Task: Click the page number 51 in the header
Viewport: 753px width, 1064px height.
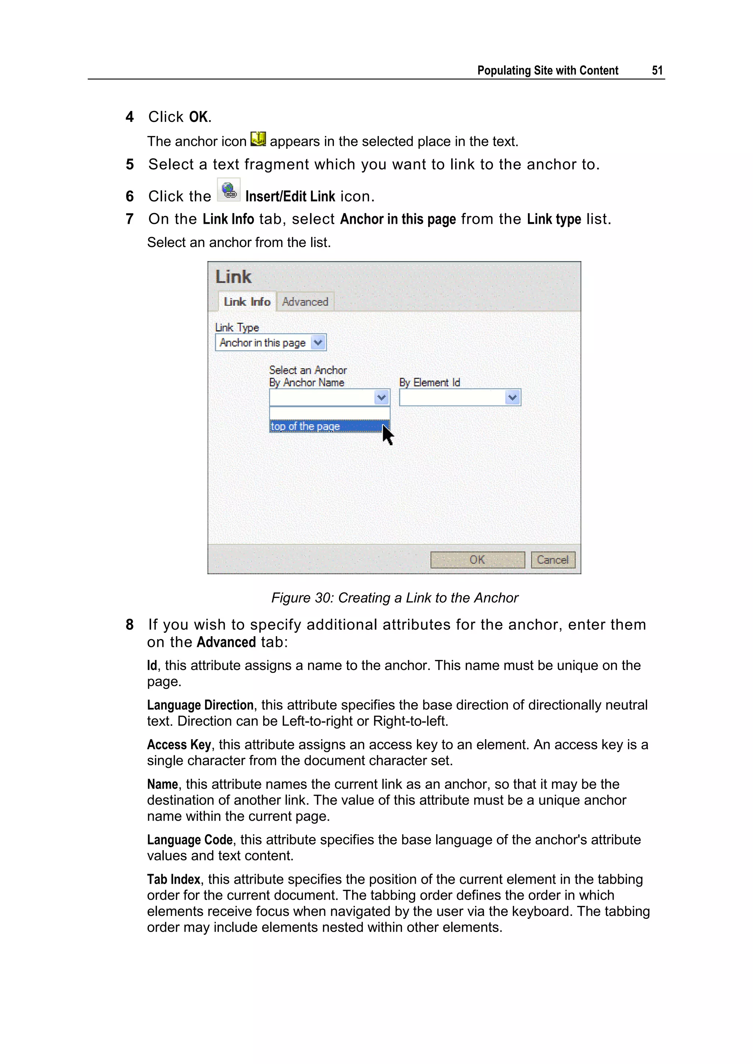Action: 657,71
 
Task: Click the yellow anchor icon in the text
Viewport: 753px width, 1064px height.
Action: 258,139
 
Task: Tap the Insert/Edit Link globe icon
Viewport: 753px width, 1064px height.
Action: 229,190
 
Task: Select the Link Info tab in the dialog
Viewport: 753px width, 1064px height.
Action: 247,302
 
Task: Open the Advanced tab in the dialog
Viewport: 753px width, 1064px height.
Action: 305,302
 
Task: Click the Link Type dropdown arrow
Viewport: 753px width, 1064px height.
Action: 318,343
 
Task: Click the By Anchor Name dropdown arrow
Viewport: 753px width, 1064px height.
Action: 382,398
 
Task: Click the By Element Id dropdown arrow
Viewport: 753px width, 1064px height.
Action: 512,398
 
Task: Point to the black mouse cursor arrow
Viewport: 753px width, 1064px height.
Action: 387,435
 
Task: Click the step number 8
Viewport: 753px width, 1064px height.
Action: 130,625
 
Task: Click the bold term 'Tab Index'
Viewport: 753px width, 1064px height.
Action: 174,879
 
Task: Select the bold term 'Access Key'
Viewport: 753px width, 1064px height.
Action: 179,745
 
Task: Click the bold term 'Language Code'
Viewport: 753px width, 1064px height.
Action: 190,840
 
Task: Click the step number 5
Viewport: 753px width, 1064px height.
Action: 130,165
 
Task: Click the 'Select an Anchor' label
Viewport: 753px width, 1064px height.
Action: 308,370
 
